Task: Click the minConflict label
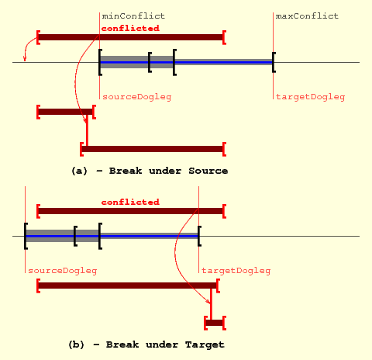[x=133, y=16]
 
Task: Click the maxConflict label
[x=307, y=16]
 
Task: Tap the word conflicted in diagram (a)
[x=130, y=28]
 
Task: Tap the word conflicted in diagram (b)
[x=130, y=202]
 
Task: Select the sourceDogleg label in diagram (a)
[x=137, y=97]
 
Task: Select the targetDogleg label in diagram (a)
[x=311, y=97]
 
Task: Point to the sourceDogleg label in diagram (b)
[x=63, y=271]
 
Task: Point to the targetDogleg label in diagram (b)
[x=236, y=271]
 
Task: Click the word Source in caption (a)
[x=208, y=171]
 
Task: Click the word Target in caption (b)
[x=205, y=344]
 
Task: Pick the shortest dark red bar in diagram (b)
[x=215, y=323]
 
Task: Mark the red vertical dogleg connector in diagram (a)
[x=87, y=130]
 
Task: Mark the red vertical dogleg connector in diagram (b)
[x=211, y=304]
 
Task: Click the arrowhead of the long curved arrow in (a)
[x=85, y=120]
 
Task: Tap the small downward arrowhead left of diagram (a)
[x=25, y=59]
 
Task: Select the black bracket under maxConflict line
[x=274, y=62]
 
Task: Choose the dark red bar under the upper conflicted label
[x=131, y=37]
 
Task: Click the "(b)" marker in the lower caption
[x=76, y=344]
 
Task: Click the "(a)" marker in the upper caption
[x=79, y=171]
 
